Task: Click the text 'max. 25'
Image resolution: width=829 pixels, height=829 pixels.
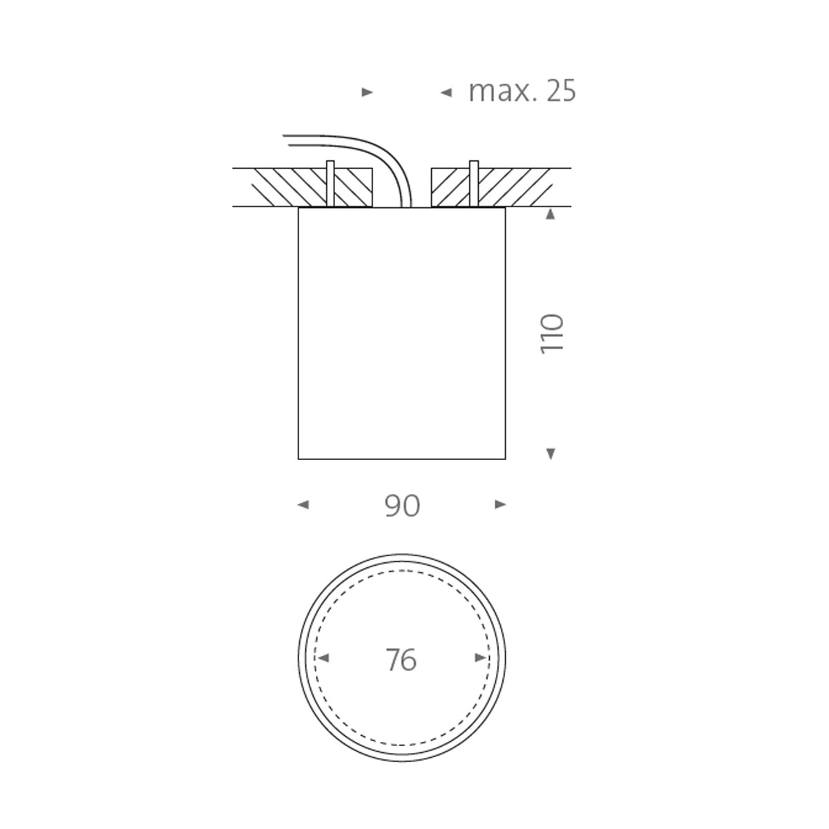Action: [x=522, y=91]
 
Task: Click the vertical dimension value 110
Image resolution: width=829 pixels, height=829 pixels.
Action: [x=552, y=334]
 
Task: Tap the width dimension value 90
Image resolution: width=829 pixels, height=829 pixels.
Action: [x=402, y=506]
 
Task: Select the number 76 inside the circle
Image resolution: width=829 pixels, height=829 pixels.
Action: [x=401, y=660]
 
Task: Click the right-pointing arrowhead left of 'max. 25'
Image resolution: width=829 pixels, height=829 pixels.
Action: [x=368, y=92]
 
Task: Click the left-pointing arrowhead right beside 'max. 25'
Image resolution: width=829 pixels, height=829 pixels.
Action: [x=446, y=92]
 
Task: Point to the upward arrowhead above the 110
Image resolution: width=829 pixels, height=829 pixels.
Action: [x=551, y=215]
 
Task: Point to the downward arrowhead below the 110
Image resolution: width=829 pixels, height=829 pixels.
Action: [x=551, y=453]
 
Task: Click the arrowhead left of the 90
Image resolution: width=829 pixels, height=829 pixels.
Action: [x=303, y=505]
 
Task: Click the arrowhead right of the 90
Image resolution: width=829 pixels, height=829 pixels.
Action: [x=501, y=505]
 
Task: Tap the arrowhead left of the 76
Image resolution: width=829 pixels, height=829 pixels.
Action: [x=323, y=658]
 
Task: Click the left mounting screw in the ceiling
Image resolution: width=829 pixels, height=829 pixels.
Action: [x=330, y=183]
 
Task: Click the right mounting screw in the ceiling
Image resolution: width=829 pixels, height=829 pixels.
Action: [x=474, y=183]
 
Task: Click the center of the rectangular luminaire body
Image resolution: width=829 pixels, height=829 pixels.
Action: [x=401, y=333]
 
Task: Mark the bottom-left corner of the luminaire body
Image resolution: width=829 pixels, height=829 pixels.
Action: [x=298, y=459]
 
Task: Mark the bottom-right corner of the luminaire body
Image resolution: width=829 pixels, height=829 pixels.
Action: [x=505, y=459]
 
